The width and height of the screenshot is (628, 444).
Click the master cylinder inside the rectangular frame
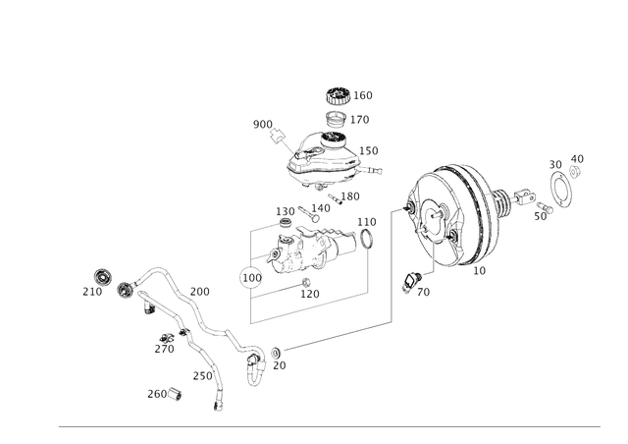pyautogui.click(x=309, y=251)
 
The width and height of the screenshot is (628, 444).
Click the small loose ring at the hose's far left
pyautogui.click(x=101, y=276)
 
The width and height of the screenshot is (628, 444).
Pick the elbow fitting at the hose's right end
pyautogui.click(x=257, y=359)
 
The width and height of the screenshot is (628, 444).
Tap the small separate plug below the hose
pyautogui.click(x=174, y=393)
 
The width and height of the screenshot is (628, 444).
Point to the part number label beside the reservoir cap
pyautogui.click(x=363, y=96)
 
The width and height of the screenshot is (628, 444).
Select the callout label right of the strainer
pyautogui.click(x=361, y=120)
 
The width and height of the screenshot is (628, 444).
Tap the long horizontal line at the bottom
pyautogui.click(x=329, y=426)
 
